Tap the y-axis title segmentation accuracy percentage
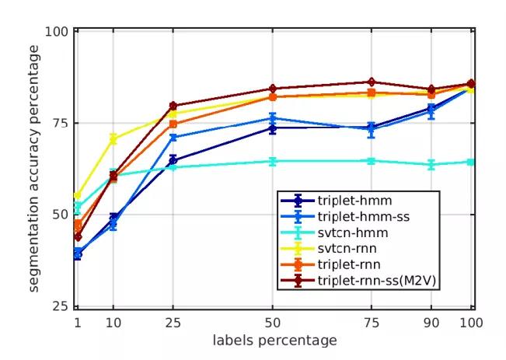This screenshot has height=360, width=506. pos(34,168)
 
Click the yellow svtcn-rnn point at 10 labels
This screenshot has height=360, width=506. pos(113,139)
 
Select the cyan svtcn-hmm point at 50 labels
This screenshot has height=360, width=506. pos(273,161)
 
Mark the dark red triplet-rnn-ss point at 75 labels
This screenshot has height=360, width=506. pos(372,82)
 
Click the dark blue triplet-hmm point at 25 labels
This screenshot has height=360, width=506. pos(173,160)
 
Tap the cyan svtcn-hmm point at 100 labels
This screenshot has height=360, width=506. pos(470,162)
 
